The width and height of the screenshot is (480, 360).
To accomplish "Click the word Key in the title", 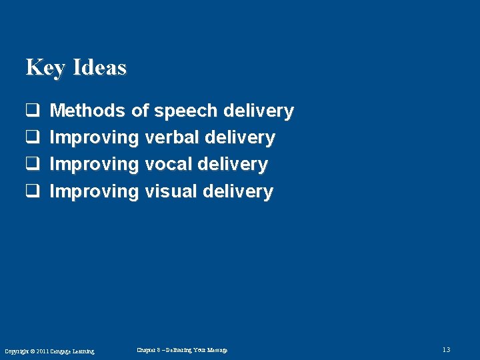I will tap(45, 67).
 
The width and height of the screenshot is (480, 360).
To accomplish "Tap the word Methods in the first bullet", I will tap(87, 111).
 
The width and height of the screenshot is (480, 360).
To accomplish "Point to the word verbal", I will tap(171, 137).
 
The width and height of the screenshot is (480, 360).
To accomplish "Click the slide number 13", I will tap(446, 350).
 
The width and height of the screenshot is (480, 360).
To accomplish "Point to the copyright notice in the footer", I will tap(49, 351).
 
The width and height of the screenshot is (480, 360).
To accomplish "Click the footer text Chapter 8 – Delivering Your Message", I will tap(182, 350).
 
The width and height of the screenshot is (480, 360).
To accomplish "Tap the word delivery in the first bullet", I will tap(259, 111).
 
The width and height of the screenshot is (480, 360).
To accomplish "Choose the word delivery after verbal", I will tap(240, 137).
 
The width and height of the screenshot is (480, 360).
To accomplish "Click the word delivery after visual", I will tap(238, 191).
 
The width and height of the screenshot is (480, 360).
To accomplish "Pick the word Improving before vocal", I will tap(94, 164).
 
